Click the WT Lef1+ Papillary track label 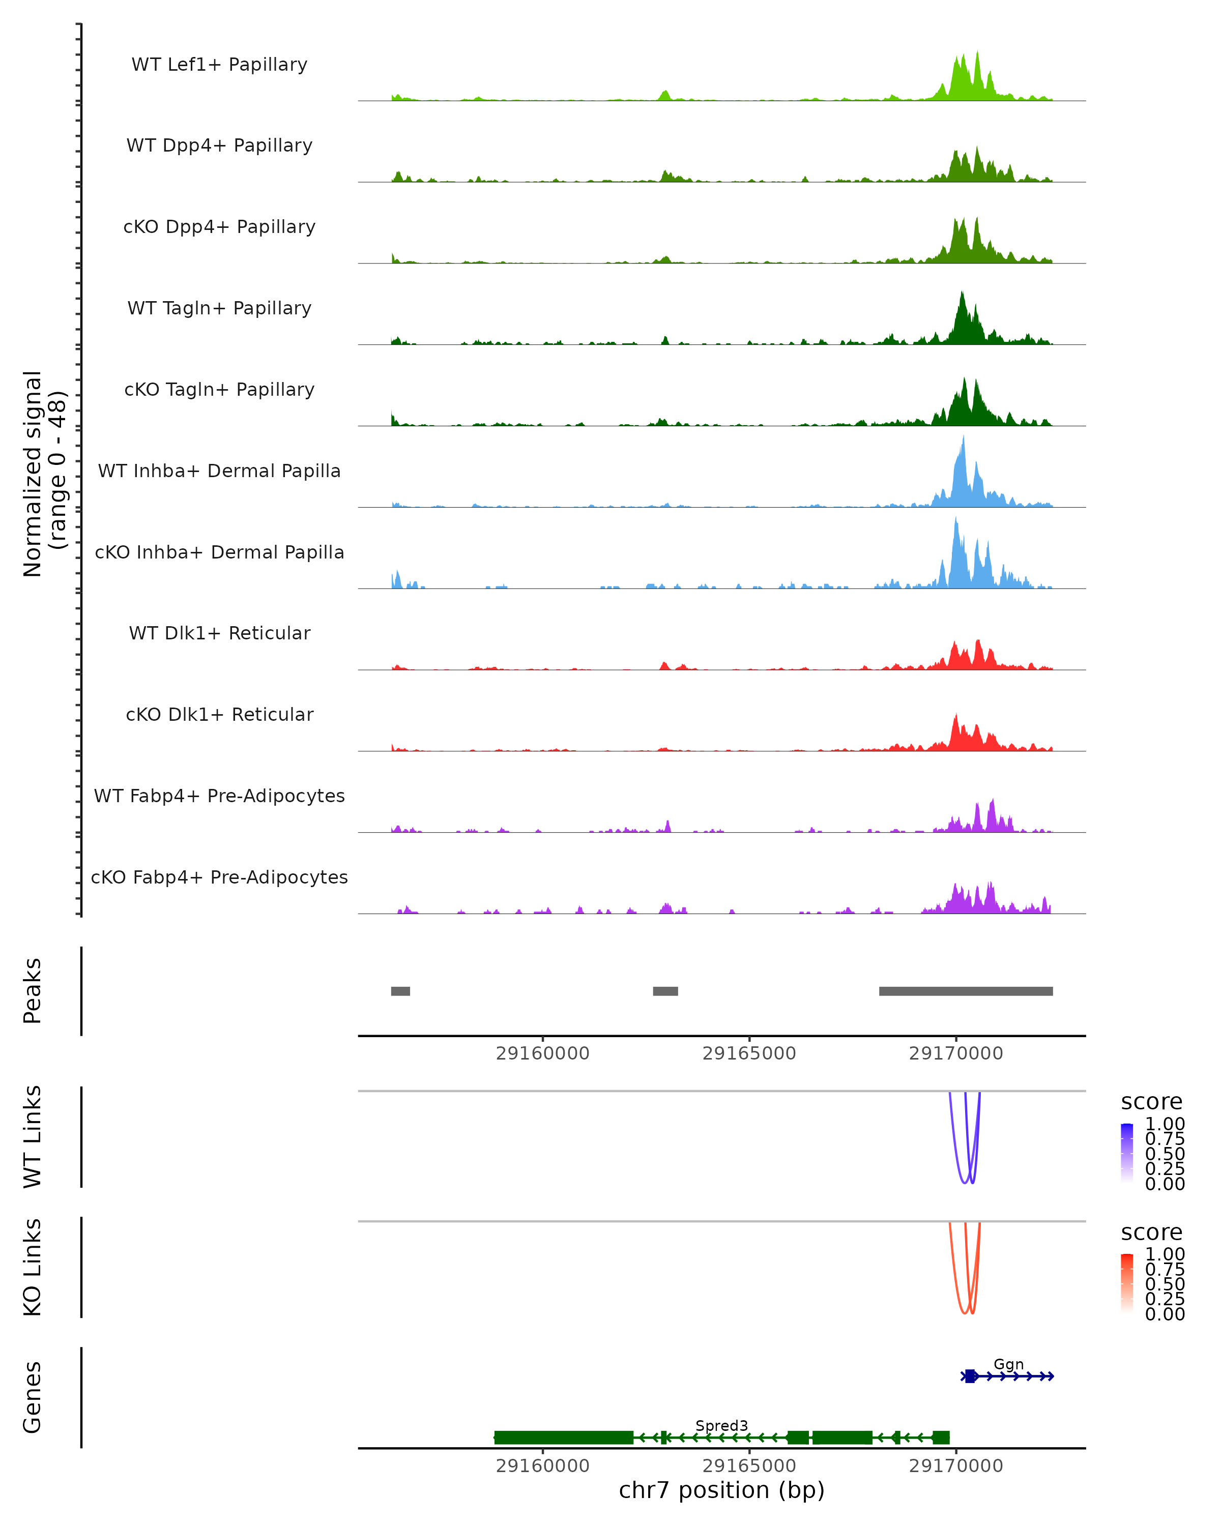(x=219, y=65)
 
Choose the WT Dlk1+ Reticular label (x=219, y=633)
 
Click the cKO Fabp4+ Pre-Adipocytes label (x=219, y=877)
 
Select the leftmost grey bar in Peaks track (x=400, y=991)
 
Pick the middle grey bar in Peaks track (x=665, y=991)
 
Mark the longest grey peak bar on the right (x=966, y=991)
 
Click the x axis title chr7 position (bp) (x=721, y=1490)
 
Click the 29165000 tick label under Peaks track (x=749, y=1053)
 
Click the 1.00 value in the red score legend (x=1165, y=1254)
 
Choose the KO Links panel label (x=33, y=1267)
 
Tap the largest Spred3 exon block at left (x=563, y=1437)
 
